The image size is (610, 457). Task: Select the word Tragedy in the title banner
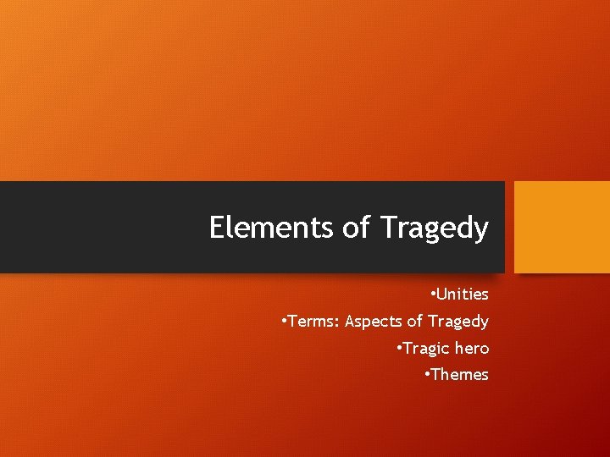(435, 228)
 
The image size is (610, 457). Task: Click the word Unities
(463, 295)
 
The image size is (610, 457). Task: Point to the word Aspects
(374, 322)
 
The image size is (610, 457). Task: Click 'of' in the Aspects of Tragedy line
(415, 322)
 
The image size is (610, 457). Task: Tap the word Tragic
(425, 349)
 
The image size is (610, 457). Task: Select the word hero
(472, 349)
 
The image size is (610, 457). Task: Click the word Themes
(460, 375)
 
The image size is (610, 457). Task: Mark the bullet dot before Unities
(432, 294)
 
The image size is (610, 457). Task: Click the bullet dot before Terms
(284, 321)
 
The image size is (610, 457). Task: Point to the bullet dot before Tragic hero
(398, 347)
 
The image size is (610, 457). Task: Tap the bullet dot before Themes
(426, 373)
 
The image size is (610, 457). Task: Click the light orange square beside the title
(563, 227)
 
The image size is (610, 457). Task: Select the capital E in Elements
(217, 227)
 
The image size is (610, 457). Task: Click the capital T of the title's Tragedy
(388, 227)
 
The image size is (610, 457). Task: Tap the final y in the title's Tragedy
(481, 230)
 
